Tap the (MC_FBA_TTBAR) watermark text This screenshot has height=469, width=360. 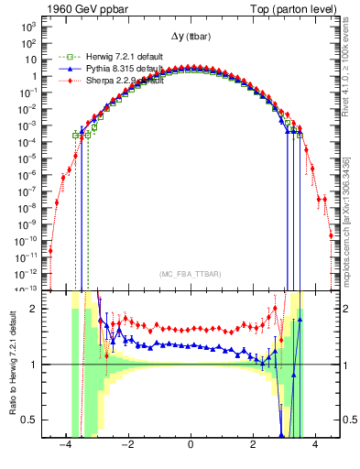pyautogui.click(x=190, y=275)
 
